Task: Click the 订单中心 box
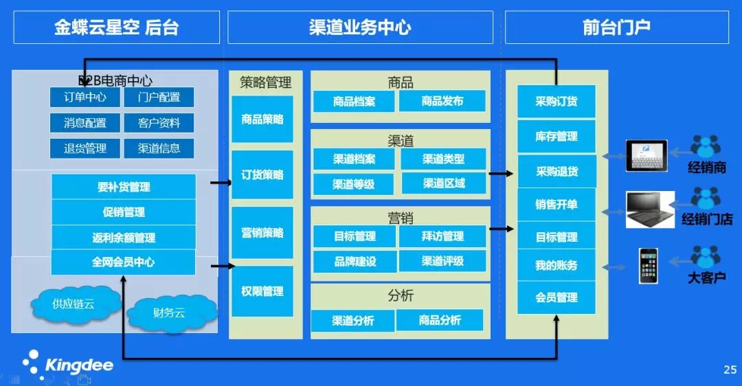85,97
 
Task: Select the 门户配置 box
159,97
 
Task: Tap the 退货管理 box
85,148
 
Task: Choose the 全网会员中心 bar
123,262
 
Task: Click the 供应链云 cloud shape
74,304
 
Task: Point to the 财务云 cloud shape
170,313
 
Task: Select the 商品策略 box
262,120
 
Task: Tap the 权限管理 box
262,291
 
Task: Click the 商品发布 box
442,101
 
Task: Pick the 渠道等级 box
354,183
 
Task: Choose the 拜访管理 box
442,236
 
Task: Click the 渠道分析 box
352,321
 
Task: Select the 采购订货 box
556,101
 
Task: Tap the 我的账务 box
556,265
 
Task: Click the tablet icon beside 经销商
647,156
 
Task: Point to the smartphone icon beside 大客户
649,266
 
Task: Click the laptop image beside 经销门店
650,209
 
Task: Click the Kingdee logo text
79,365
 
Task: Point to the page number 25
730,370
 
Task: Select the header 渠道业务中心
360,27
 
